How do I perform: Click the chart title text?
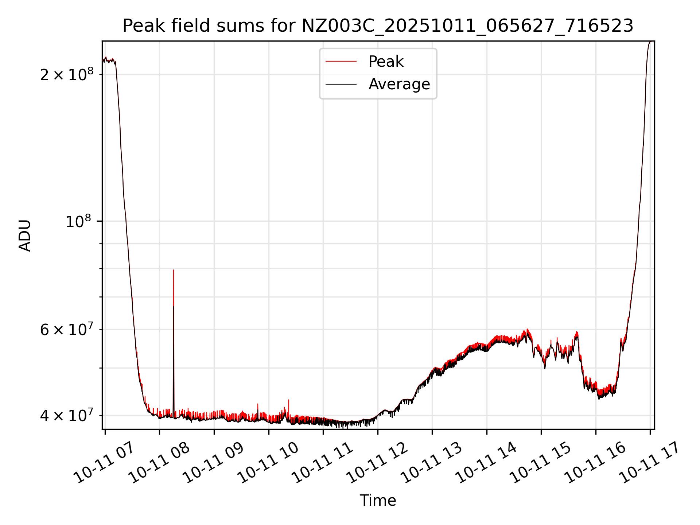[x=378, y=26]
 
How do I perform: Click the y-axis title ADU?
[x=25, y=236]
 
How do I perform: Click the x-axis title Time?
[x=378, y=501]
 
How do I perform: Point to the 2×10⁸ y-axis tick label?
[x=67, y=75]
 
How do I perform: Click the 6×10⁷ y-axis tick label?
[x=67, y=330]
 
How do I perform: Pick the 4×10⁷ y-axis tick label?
[x=67, y=415]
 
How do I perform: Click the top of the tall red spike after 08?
[x=173, y=270]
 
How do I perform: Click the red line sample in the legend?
[x=341, y=62]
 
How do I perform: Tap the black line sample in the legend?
[x=341, y=84]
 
